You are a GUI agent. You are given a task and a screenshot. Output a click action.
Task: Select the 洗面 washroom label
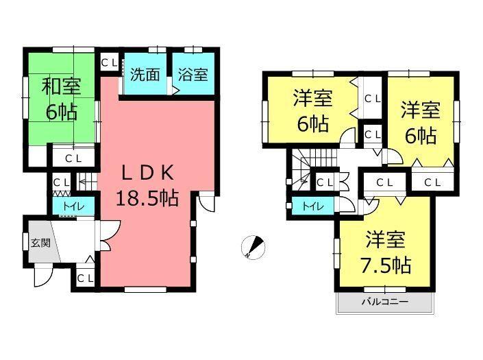coord(145,74)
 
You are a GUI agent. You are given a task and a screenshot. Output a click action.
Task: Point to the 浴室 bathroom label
coord(193,74)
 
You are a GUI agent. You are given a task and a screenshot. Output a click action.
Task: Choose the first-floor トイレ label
coord(71,206)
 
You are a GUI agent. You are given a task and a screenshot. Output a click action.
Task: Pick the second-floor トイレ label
coord(312,205)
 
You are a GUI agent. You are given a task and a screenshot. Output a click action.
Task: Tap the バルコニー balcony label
coord(384,302)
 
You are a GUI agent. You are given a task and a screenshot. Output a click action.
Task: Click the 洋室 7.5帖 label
coord(384,252)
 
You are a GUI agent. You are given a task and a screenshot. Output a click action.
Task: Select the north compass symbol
coord(252,248)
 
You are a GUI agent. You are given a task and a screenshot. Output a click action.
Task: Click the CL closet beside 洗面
coord(108,63)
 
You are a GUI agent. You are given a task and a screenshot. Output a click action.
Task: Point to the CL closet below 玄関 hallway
coord(85,278)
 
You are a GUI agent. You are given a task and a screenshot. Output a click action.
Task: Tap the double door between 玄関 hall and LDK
coord(106,237)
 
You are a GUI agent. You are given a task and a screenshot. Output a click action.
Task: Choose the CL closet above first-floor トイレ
coord(61,182)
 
